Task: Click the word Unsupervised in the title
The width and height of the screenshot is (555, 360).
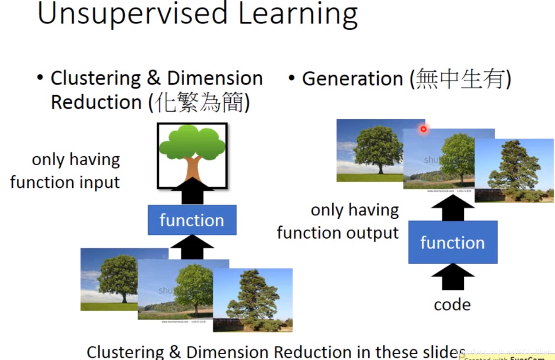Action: tap(133, 14)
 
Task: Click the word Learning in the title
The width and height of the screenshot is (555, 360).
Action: tap(298, 14)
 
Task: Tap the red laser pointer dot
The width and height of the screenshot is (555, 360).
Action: tap(423, 129)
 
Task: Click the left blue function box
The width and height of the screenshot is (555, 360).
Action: tap(192, 220)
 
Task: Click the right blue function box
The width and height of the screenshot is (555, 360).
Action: tap(452, 242)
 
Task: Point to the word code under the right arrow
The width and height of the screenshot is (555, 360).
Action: tap(452, 305)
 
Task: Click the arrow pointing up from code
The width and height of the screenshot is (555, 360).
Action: tap(453, 277)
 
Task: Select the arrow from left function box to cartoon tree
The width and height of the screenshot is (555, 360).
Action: tap(192, 191)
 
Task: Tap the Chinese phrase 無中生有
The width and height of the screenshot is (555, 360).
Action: tap(461, 79)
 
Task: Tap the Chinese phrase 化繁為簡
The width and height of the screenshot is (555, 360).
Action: tap(199, 103)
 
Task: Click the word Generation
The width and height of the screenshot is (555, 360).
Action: tap(352, 79)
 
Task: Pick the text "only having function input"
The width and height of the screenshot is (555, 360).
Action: tap(66, 171)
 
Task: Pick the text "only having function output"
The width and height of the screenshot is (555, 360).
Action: tap(338, 221)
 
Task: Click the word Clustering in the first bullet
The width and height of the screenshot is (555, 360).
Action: tap(95, 78)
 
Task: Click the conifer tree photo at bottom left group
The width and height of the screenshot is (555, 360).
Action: tap(253, 300)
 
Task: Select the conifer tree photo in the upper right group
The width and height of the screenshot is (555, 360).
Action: tap(514, 170)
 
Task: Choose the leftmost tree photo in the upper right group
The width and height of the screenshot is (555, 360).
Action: tap(369, 151)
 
